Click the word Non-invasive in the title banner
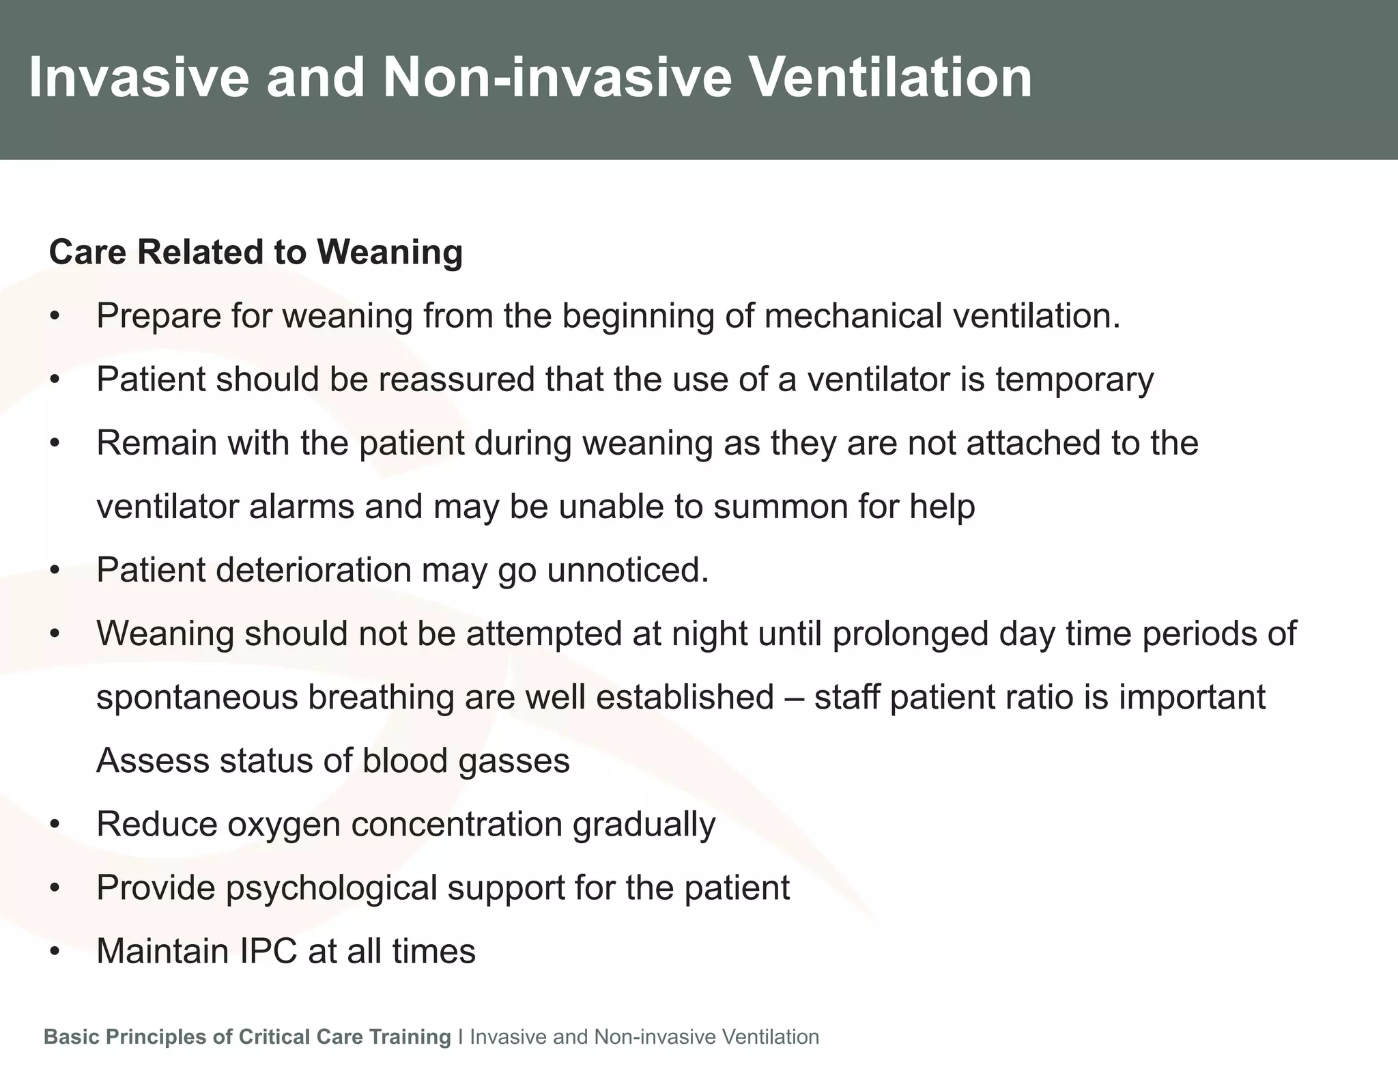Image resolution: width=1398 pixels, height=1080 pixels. tap(557, 78)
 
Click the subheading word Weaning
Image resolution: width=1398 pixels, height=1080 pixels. tap(390, 253)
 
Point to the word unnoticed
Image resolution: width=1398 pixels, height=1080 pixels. tap(628, 570)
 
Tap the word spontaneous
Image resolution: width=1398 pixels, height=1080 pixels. tap(197, 697)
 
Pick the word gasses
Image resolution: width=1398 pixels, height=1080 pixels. tap(514, 761)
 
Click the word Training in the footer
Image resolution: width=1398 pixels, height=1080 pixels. tap(410, 1037)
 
